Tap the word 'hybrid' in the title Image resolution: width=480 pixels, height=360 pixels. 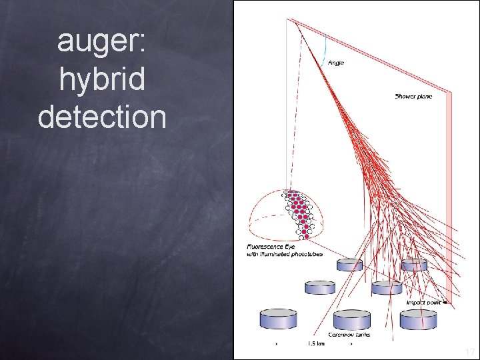tap(101, 79)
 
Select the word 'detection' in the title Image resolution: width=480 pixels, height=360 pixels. tap(101, 116)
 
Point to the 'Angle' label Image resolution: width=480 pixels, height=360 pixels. tap(336, 63)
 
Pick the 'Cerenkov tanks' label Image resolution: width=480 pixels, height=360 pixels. tap(348, 334)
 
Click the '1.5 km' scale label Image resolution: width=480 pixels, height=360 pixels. tap(317, 344)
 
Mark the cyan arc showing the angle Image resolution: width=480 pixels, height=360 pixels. tap(325, 50)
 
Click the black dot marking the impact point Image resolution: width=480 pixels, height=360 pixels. tap(443, 303)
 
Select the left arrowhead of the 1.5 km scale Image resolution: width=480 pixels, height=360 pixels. tap(277, 344)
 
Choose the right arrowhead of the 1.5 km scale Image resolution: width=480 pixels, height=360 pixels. tap(351, 344)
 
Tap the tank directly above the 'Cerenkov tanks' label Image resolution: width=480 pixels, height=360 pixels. tap(351, 319)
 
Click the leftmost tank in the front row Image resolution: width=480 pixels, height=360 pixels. tap(279, 318)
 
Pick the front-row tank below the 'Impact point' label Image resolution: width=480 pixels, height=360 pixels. tap(419, 319)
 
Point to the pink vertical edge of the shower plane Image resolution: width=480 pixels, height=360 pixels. tap(451, 200)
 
